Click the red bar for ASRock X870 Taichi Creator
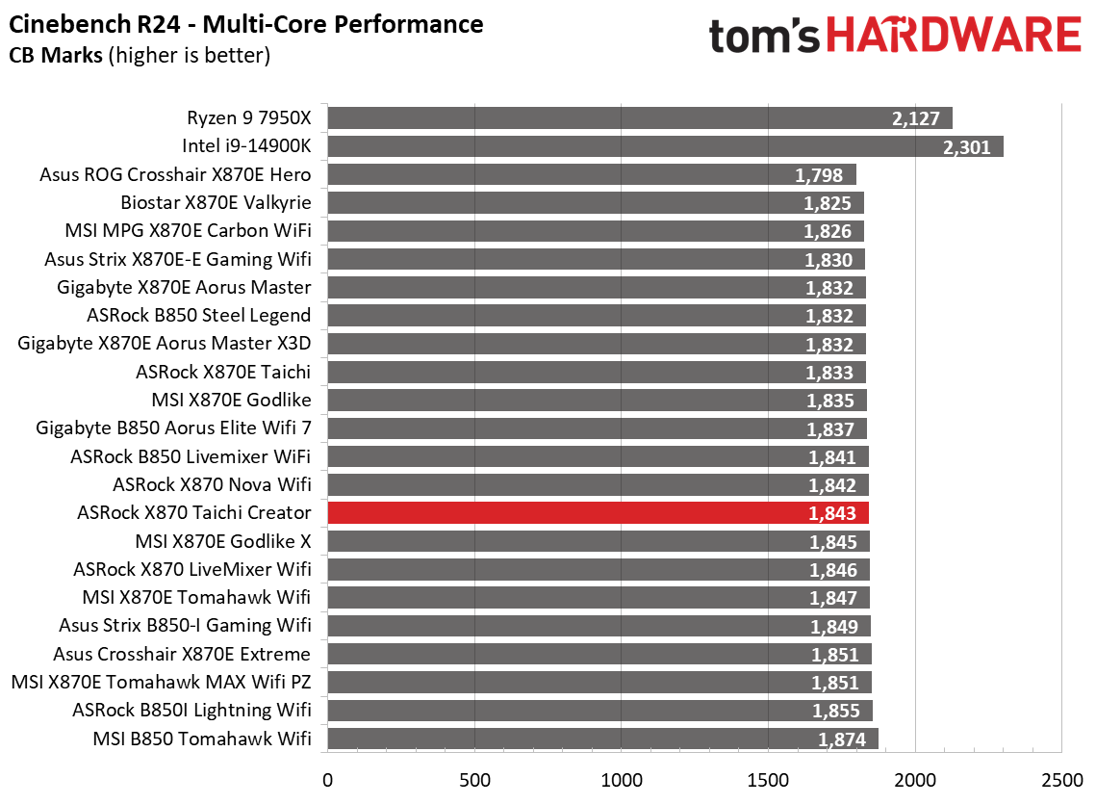[597, 513]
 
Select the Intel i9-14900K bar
[664, 146]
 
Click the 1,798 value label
[819, 175]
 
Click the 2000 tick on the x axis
[914, 777]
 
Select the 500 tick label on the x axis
[474, 777]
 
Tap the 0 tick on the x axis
[328, 777]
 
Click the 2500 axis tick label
[1060, 777]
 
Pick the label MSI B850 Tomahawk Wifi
[202, 739]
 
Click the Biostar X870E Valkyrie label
[216, 203]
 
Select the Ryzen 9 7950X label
[249, 118]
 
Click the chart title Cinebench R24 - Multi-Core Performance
[246, 23]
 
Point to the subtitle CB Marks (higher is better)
[140, 56]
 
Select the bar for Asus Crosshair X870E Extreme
[599, 655]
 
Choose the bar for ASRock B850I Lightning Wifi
[599, 711]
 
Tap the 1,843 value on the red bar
[832, 513]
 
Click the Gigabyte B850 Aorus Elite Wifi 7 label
[173, 428]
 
